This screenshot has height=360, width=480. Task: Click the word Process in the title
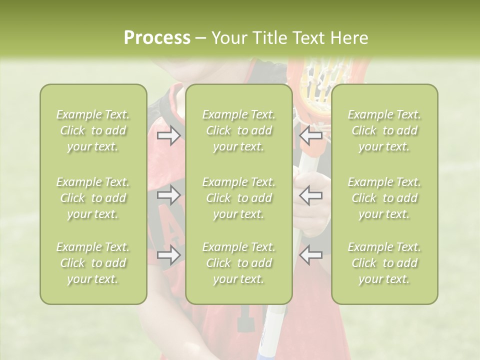click(x=157, y=38)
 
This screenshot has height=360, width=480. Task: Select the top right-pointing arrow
click(x=168, y=135)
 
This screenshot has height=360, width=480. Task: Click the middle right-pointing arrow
click(x=168, y=195)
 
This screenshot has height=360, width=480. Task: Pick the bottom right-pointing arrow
click(x=168, y=255)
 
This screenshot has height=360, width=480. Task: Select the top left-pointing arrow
click(x=311, y=135)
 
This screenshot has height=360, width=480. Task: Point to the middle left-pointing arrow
click(x=311, y=195)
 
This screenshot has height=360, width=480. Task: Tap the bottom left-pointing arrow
click(x=311, y=255)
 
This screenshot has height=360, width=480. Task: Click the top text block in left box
click(x=93, y=130)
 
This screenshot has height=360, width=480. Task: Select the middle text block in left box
click(x=93, y=198)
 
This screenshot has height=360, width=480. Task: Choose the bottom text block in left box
click(x=93, y=263)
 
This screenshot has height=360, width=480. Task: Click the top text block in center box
click(x=239, y=130)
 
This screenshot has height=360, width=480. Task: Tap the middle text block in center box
click(x=239, y=198)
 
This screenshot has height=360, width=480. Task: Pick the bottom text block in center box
click(x=239, y=263)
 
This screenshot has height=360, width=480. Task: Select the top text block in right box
click(x=384, y=130)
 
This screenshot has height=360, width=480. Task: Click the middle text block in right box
click(x=384, y=198)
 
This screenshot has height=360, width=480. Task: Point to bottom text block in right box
click(x=384, y=263)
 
